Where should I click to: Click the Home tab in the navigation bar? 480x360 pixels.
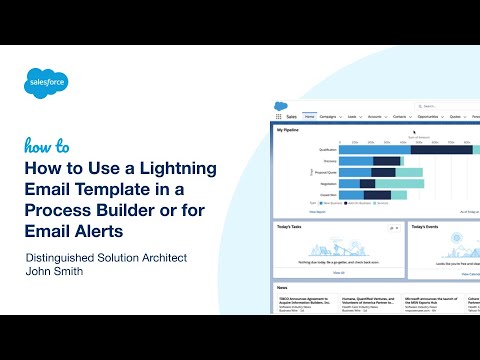tap(310, 117)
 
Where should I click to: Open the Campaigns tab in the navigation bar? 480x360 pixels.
tap(332, 117)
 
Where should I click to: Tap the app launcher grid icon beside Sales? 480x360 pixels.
tap(278, 117)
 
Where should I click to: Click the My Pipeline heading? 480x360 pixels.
tap(289, 130)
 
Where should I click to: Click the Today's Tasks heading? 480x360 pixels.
tap(291, 227)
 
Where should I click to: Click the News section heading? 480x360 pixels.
tap(284, 287)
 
